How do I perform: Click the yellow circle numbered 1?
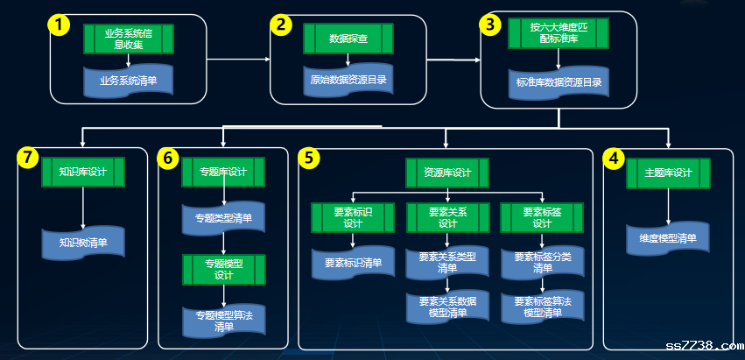(58, 25)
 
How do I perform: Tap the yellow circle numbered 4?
(615, 159)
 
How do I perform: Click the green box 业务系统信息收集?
(129, 39)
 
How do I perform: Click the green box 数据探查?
(348, 39)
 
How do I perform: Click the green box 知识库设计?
(83, 172)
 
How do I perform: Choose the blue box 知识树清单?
(83, 243)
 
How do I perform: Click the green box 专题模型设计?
(225, 269)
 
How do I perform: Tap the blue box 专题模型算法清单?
(225, 321)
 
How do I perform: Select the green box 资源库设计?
(447, 173)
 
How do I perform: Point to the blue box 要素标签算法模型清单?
(543, 307)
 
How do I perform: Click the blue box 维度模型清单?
(668, 238)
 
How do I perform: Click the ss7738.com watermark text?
(702, 344)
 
